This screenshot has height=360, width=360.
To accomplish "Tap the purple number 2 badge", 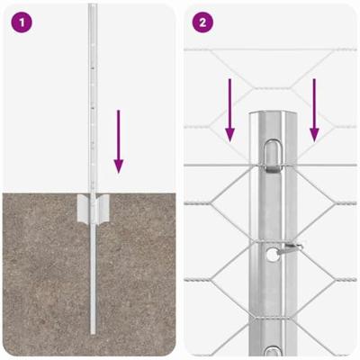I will point(204,22).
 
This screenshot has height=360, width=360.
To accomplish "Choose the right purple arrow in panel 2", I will point(314,110).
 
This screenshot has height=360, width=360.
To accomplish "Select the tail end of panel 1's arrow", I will point(118,112).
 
